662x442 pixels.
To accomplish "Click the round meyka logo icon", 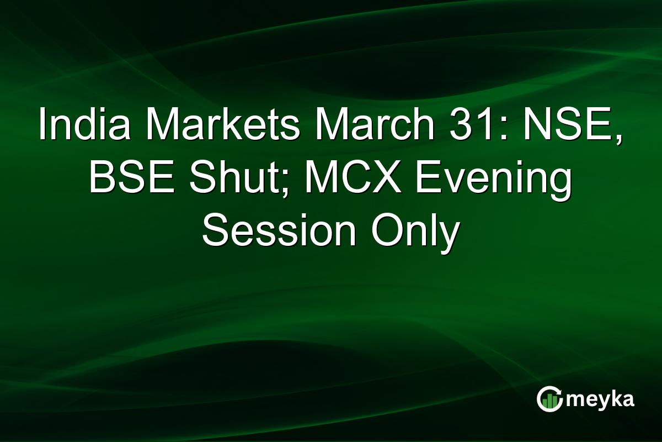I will (549, 399).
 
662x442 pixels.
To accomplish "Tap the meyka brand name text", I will (600, 399).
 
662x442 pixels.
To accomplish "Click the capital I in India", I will (42, 125).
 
